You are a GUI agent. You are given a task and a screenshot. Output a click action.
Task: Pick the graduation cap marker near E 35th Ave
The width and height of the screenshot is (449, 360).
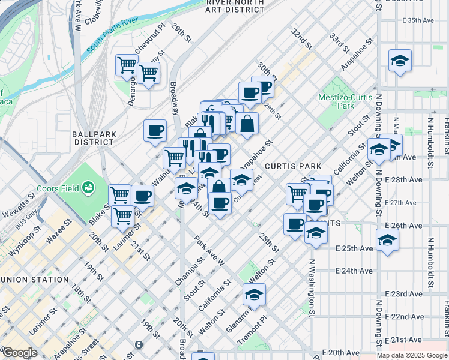pyautogui.click(x=400, y=61)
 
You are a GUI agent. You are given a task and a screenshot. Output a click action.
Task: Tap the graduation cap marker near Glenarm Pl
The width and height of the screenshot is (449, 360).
pyautogui.click(x=254, y=295)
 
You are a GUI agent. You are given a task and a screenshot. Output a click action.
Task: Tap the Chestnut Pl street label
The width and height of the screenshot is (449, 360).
pyautogui.click(x=150, y=37)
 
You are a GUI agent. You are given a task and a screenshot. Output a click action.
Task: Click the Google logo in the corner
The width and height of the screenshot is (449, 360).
pyautogui.click(x=20, y=352)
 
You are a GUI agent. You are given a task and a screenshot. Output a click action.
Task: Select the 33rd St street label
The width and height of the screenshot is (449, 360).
pyautogui.click(x=339, y=43)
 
